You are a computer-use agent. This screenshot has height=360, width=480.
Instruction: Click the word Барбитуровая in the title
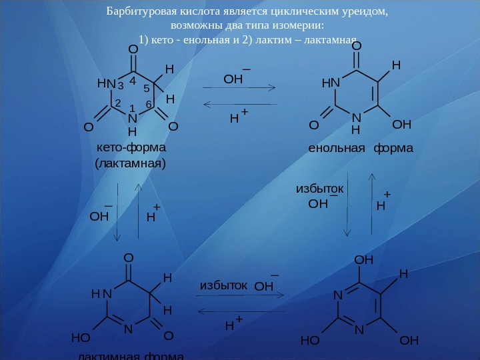135,11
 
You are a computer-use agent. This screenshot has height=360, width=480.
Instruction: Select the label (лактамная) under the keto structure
131,163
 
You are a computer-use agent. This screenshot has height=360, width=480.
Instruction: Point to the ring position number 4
133,80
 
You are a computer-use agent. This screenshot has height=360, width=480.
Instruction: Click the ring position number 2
117,103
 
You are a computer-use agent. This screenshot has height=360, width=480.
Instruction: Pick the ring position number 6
149,105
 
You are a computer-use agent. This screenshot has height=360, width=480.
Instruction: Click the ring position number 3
120,85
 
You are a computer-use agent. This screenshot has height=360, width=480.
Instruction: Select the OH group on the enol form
402,125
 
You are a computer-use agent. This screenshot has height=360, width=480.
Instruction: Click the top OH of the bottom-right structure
363,259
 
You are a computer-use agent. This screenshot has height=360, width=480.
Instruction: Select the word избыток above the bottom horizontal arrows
223,285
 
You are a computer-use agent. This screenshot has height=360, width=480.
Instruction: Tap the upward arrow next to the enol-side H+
371,203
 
